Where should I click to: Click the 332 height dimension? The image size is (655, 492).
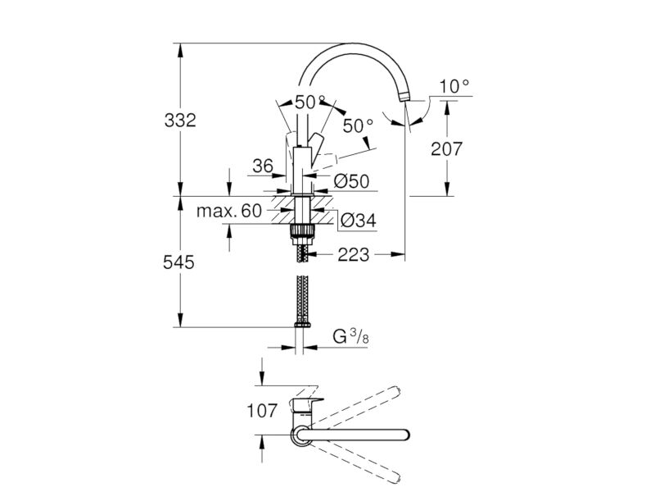(x=180, y=121)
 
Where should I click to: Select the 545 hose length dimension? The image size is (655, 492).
(x=178, y=262)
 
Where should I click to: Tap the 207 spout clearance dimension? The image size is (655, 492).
(x=446, y=148)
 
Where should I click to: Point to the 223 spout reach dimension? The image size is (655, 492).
(x=354, y=254)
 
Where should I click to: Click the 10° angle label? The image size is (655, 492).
(x=454, y=86)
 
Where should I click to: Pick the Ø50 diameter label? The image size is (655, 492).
(x=352, y=181)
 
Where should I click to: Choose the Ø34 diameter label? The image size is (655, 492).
(x=358, y=221)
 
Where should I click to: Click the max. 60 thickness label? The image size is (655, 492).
(x=229, y=211)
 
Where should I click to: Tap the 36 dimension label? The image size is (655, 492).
(x=263, y=166)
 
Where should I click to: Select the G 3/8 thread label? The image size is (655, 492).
(x=351, y=336)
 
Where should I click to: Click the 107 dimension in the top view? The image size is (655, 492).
(x=262, y=411)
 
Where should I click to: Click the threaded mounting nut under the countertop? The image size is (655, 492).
(x=301, y=232)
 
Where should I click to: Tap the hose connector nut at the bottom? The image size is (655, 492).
(x=301, y=324)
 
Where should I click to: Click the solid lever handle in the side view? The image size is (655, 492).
(x=315, y=143)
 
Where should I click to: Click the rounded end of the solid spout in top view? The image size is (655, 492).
(x=404, y=435)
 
